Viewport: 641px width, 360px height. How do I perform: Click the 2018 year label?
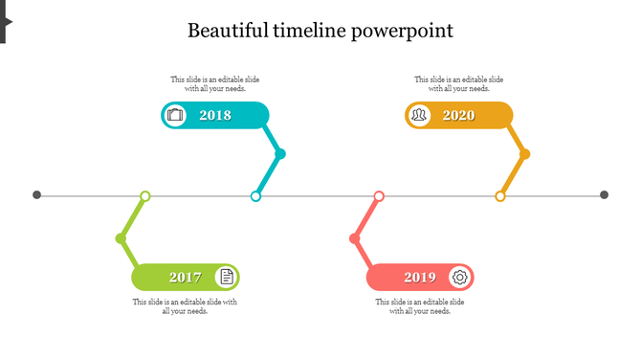point(215,116)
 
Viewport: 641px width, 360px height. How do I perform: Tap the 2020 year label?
point(459,116)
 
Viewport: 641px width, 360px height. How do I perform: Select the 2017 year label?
point(186,278)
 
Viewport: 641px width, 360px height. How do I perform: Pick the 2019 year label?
point(420,278)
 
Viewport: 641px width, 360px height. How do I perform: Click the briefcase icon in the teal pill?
point(175,116)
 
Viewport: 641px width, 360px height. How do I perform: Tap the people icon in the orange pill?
point(419,116)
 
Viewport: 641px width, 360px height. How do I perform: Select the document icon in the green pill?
point(227,278)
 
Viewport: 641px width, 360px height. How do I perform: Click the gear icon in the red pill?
point(460,278)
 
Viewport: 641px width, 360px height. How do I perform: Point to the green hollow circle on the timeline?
point(145,196)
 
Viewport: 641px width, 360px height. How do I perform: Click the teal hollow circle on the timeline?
point(255,196)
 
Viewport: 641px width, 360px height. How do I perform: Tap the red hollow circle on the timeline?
point(379,196)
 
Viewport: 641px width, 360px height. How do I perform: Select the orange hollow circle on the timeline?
point(499,196)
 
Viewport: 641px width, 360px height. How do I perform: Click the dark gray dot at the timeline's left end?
point(37,195)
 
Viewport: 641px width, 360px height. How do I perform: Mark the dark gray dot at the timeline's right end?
point(605,195)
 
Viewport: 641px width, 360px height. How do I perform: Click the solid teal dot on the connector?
point(280,154)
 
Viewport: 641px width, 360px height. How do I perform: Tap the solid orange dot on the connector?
point(524,154)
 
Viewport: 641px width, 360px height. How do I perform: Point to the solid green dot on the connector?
point(121,238)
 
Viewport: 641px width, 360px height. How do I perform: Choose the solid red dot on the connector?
point(355,238)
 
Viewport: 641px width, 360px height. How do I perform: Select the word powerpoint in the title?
point(402,31)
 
